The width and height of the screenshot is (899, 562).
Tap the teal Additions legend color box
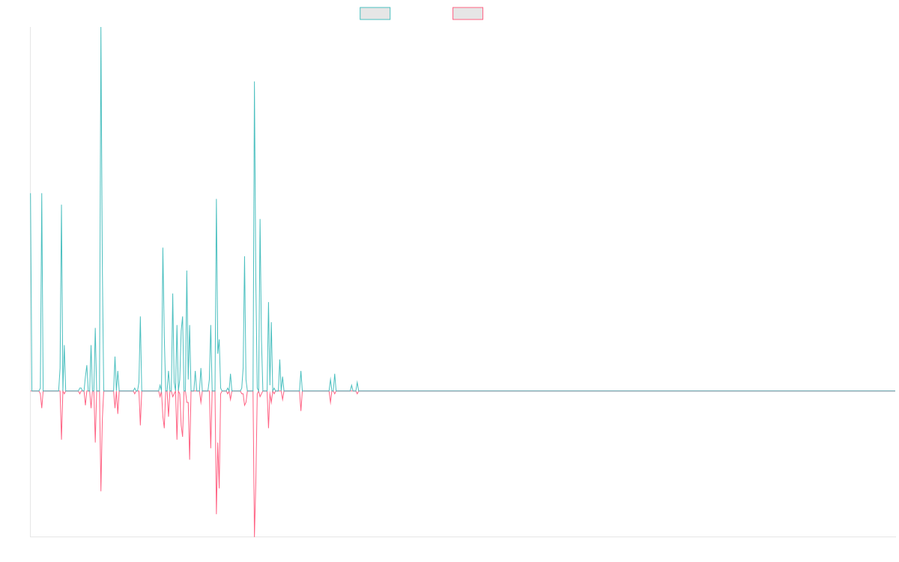tap(375, 13)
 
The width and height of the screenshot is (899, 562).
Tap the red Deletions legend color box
tap(468, 13)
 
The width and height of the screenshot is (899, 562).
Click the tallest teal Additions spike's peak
tap(101, 28)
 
